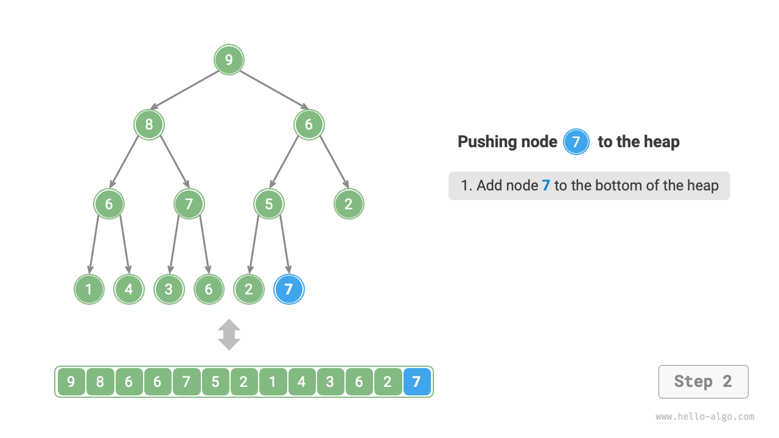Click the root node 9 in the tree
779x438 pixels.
coord(229,60)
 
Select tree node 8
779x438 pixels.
coord(149,125)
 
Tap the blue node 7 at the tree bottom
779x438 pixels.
coord(289,289)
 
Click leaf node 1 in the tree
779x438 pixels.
coord(89,289)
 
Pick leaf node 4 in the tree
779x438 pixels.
coord(129,289)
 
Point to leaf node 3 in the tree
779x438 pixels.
coord(169,289)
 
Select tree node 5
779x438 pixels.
coord(269,204)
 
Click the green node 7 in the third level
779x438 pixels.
coord(189,204)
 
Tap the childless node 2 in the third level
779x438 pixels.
coord(349,204)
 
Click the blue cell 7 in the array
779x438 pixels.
coord(417,382)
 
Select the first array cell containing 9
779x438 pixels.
coord(71,382)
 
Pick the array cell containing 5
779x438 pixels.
coord(215,382)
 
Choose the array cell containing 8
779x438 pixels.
coord(100,382)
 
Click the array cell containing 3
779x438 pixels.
coord(330,382)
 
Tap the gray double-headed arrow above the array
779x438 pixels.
coord(229,335)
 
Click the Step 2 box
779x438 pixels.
coord(703,381)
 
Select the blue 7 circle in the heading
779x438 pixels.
coord(576,142)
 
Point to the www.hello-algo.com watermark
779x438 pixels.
coord(705,417)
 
